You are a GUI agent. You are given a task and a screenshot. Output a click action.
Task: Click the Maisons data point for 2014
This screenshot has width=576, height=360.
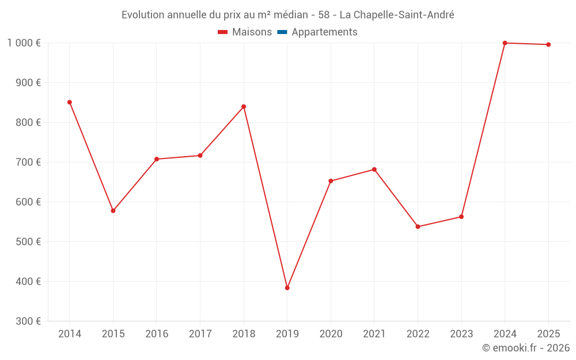pos(70,103)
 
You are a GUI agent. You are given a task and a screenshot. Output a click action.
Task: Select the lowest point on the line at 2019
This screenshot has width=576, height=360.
pos(287,288)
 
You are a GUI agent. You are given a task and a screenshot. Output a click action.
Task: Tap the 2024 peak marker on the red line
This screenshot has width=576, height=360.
pos(505,43)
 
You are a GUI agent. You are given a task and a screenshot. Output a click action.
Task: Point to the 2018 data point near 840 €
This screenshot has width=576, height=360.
pos(244,107)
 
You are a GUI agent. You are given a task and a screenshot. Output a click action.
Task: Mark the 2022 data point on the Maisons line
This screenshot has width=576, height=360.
pos(418,227)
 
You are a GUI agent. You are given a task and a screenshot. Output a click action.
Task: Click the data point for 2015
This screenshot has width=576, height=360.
pos(113,211)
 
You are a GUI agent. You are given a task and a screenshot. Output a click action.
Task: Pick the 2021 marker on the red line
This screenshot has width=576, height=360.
pos(374,169)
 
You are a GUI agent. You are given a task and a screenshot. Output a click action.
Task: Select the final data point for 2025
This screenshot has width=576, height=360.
pos(548,45)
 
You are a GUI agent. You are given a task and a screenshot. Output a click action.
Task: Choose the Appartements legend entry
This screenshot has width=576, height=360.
pos(324,32)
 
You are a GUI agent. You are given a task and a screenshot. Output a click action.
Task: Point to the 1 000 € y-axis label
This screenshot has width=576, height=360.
pos(24,43)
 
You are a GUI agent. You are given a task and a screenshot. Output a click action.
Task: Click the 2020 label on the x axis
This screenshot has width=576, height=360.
pos(331,334)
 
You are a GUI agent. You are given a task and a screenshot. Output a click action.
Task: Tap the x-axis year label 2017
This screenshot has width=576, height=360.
pos(200,334)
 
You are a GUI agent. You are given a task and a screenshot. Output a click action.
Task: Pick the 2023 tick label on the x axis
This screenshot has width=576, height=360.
pos(461,334)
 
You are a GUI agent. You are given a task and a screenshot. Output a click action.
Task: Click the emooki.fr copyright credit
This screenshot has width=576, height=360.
pos(525,348)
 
